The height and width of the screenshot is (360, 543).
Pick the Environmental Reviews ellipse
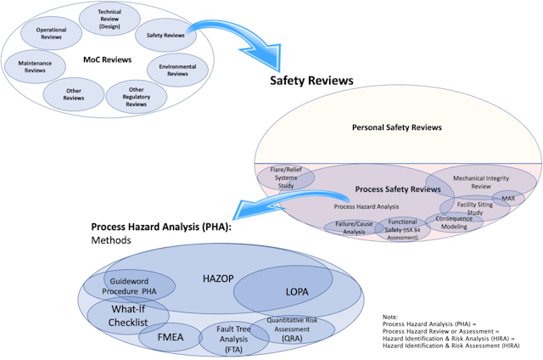click(176, 70)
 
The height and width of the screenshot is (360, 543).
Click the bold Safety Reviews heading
click(311, 82)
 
